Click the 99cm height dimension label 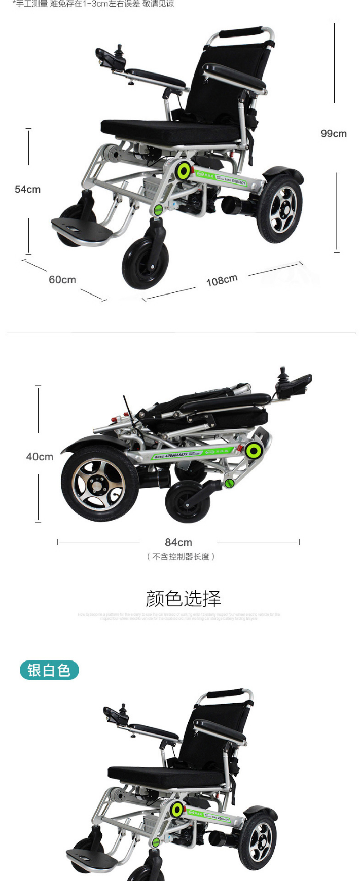[x=334, y=134]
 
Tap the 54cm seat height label [x=27, y=189]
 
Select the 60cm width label [x=62, y=280]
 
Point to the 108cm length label [x=222, y=280]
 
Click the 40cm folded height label [x=40, y=457]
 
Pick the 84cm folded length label [x=178, y=542]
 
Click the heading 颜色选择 [x=183, y=599]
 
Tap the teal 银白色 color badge [x=49, y=670]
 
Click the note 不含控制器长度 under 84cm [x=181, y=557]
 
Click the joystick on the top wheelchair [x=120, y=51]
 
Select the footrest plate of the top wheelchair [x=81, y=230]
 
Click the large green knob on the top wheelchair [x=184, y=171]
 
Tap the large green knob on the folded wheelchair [x=253, y=450]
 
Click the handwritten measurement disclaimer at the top [x=93, y=4]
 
